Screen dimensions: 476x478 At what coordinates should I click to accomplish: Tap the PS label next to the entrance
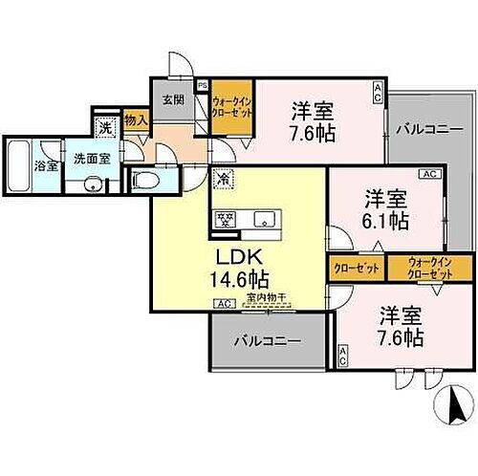point(202,84)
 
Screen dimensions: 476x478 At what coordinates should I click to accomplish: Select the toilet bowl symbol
point(143,179)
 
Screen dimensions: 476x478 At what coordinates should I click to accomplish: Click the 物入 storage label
point(137,120)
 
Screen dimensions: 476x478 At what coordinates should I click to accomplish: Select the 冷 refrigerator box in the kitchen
point(221,178)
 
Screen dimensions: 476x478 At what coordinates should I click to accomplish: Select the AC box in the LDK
point(222,303)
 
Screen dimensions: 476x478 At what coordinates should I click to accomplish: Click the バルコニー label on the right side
point(424,127)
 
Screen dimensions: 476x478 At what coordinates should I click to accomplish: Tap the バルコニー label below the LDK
point(268,340)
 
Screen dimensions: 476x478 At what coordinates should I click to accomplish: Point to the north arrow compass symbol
point(450,408)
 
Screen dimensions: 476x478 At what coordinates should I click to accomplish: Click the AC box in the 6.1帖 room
point(428,174)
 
